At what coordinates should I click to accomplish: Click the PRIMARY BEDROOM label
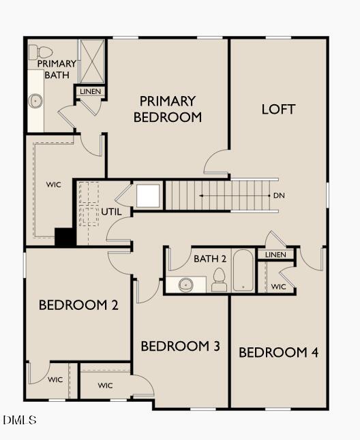[168, 109]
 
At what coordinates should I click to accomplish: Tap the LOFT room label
[278, 109]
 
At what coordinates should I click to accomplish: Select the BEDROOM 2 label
[78, 304]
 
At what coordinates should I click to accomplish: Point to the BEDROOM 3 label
[180, 347]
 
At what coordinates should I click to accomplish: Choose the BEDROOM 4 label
[278, 353]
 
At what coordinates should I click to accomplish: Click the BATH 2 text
[210, 259]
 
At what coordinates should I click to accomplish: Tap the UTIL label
[112, 212]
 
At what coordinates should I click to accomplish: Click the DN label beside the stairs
[278, 196]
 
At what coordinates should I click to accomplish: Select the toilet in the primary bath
[42, 52]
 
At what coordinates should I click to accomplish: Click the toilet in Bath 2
[219, 279]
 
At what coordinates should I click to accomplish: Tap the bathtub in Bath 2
[243, 271]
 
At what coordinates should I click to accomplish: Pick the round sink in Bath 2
[185, 285]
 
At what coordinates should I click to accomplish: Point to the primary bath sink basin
[35, 101]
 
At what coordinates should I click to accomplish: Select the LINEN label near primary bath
[89, 91]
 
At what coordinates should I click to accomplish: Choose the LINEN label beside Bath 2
[275, 255]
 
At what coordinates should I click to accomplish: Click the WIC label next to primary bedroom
[53, 185]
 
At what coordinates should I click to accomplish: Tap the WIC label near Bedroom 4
[278, 287]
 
